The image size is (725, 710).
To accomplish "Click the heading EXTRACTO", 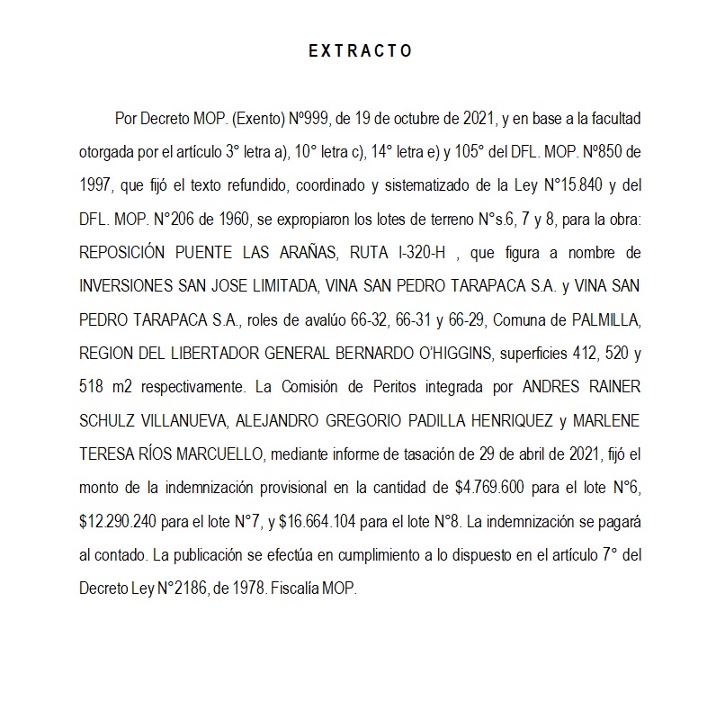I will point(361,51).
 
